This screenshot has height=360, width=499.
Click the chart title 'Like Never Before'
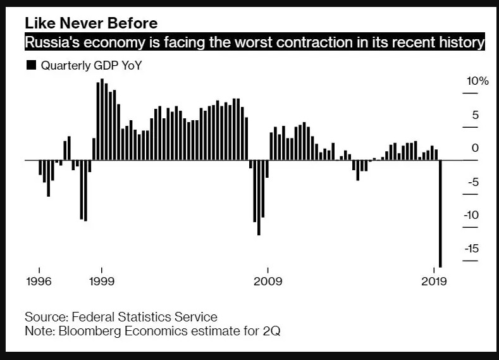coord(91,23)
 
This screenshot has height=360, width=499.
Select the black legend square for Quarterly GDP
coord(30,65)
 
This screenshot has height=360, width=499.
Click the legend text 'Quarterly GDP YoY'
coord(91,65)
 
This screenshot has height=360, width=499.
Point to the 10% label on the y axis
coord(477,82)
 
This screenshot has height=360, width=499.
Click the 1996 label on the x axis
coord(39,281)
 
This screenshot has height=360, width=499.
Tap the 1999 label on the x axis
coord(101,281)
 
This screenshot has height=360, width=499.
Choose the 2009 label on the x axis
coord(268,281)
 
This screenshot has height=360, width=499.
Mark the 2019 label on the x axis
coord(434,281)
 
